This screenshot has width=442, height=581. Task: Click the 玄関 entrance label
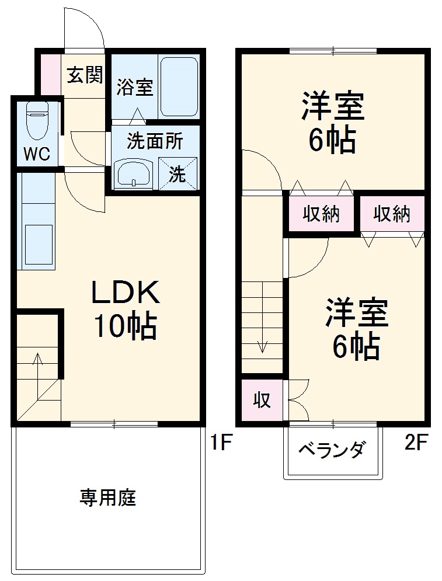(85, 75)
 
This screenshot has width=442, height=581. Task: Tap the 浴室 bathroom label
(134, 88)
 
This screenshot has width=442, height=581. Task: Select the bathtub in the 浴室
(179, 86)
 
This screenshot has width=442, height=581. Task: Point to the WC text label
(36, 155)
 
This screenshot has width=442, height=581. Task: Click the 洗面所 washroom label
(155, 141)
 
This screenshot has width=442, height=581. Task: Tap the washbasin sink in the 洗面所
(134, 173)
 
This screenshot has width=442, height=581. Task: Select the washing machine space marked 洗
(178, 173)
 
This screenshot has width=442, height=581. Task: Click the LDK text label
(125, 293)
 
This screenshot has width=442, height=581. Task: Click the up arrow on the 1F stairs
(39, 365)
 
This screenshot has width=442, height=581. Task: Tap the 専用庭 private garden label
(108, 498)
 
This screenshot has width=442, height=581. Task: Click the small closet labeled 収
(262, 401)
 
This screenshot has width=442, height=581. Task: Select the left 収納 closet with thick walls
(321, 214)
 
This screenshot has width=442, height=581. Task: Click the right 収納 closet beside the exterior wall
(392, 214)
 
